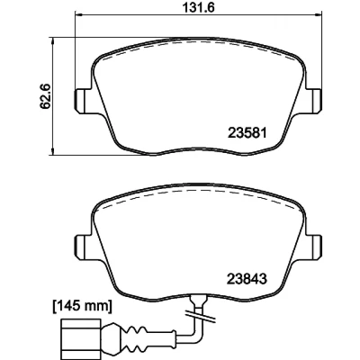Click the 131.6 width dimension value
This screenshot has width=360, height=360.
click(198, 6)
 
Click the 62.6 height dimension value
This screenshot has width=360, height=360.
click(45, 97)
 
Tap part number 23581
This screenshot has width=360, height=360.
click(247, 133)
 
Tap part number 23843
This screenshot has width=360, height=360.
click(247, 280)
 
